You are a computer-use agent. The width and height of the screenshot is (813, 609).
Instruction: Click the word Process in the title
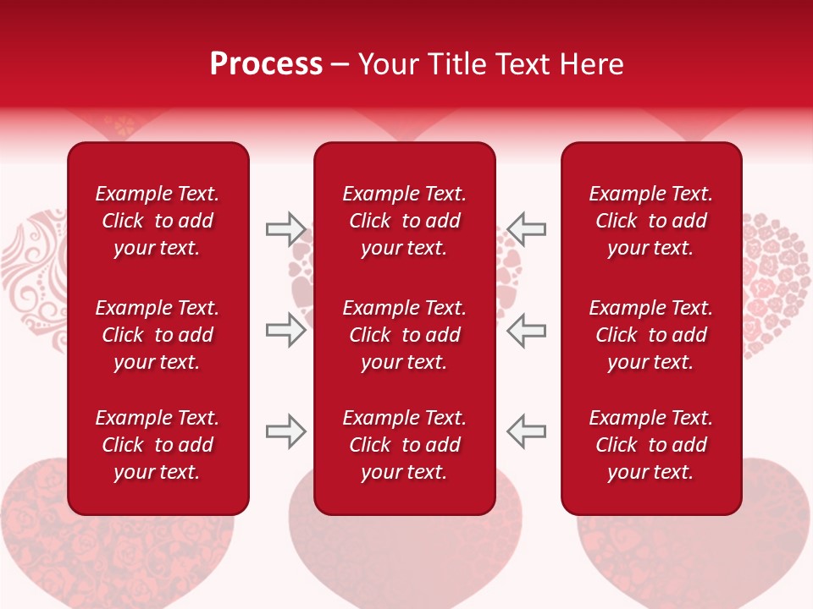[x=266, y=64]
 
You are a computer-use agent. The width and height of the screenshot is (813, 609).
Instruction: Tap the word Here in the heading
[x=591, y=64]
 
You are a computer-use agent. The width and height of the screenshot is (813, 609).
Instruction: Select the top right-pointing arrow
[x=285, y=229]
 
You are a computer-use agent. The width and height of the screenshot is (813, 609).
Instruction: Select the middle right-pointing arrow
[x=285, y=330]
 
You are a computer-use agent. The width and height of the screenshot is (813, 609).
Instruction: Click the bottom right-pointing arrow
[x=285, y=431]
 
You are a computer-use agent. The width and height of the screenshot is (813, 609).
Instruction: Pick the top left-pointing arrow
[x=527, y=229]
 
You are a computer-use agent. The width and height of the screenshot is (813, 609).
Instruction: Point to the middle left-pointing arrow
[x=527, y=330]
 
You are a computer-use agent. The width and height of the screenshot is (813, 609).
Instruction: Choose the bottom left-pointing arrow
[x=527, y=431]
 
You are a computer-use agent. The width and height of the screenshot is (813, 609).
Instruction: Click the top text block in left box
[x=158, y=221]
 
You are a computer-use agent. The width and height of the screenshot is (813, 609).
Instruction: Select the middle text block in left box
[x=158, y=335]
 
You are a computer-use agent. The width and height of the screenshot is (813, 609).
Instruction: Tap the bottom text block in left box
[x=158, y=445]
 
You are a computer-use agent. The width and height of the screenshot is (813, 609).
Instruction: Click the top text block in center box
[x=404, y=221]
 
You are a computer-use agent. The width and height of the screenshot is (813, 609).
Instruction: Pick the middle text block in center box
[x=404, y=335]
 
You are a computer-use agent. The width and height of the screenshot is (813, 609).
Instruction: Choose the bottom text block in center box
[x=404, y=445]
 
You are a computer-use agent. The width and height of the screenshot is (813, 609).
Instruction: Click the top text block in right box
[x=650, y=221]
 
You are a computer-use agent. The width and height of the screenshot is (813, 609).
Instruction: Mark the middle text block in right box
[x=650, y=335]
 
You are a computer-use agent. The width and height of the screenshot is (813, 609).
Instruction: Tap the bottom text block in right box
[x=650, y=445]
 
